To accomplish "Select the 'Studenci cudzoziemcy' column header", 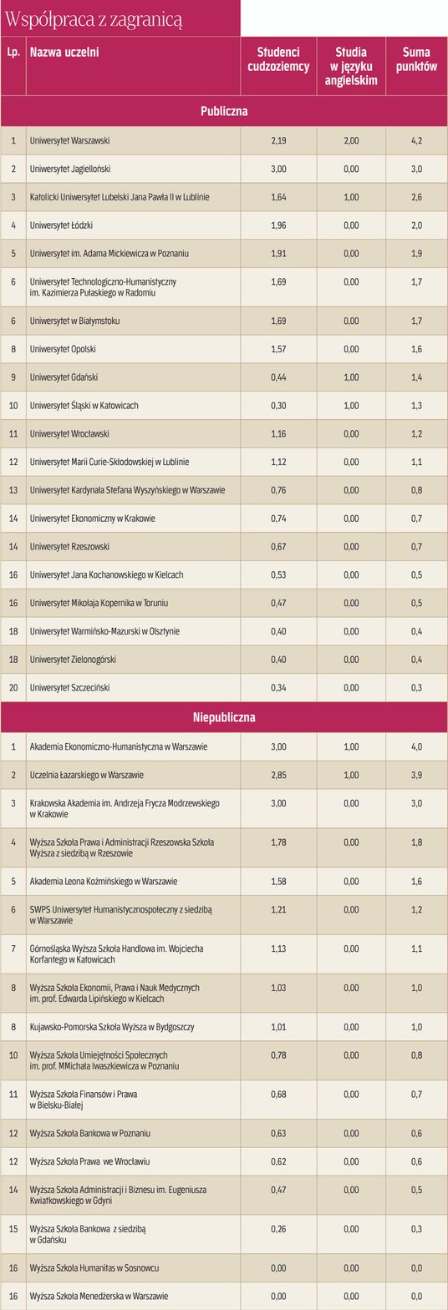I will [x=278, y=59].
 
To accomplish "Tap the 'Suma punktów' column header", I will [x=416, y=59].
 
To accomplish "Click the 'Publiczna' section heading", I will [x=224, y=111].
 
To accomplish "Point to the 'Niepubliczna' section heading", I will [x=224, y=717].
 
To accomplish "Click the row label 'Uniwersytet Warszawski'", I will [x=69, y=141].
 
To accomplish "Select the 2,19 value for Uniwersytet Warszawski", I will [x=278, y=141].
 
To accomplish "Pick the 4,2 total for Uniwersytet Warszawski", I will [x=416, y=141].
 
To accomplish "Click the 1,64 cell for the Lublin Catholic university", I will [x=278, y=198].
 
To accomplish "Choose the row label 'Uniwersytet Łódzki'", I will [x=61, y=225].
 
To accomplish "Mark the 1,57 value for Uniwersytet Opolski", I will [x=278, y=349].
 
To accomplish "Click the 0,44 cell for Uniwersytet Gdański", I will [x=278, y=377].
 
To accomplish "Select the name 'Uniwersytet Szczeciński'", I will [x=69, y=688].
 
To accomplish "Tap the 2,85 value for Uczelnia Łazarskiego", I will [x=278, y=775].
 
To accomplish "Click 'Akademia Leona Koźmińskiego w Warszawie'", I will [x=103, y=882].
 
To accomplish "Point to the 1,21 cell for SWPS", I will [x=278, y=909].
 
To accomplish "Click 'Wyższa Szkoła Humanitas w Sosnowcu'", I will [x=94, y=1268].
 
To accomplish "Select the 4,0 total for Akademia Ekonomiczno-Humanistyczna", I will [x=416, y=747].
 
